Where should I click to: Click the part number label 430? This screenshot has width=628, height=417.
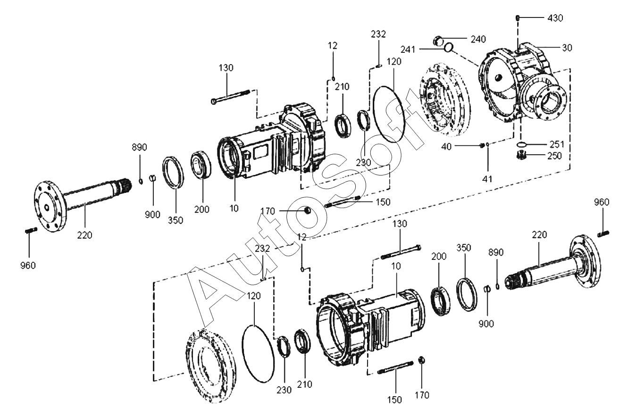pyautogui.click(x=555, y=18)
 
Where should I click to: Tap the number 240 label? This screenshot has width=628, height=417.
pyautogui.click(x=478, y=39)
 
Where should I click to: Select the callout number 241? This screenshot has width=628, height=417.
pyautogui.click(x=408, y=50)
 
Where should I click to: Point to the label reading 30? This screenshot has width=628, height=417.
pyautogui.click(x=567, y=48)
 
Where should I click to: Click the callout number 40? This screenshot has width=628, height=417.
pyautogui.click(x=446, y=146)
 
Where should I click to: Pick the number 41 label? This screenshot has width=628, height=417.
pyautogui.click(x=487, y=179)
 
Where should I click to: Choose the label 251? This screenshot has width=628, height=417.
pyautogui.click(x=556, y=144)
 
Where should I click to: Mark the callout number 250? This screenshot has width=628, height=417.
pyautogui.click(x=554, y=156)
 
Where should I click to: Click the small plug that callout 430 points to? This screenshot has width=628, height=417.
pyautogui.click(x=518, y=18)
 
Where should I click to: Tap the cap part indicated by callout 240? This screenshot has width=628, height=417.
pyautogui.click(x=438, y=41)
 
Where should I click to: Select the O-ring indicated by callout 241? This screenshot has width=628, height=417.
pyautogui.click(x=449, y=47)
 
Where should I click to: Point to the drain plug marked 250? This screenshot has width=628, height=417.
pyautogui.click(x=521, y=155)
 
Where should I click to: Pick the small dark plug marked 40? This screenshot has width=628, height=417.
pyautogui.click(x=482, y=146)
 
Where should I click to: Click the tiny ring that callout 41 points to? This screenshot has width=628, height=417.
pyautogui.click(x=487, y=144)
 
